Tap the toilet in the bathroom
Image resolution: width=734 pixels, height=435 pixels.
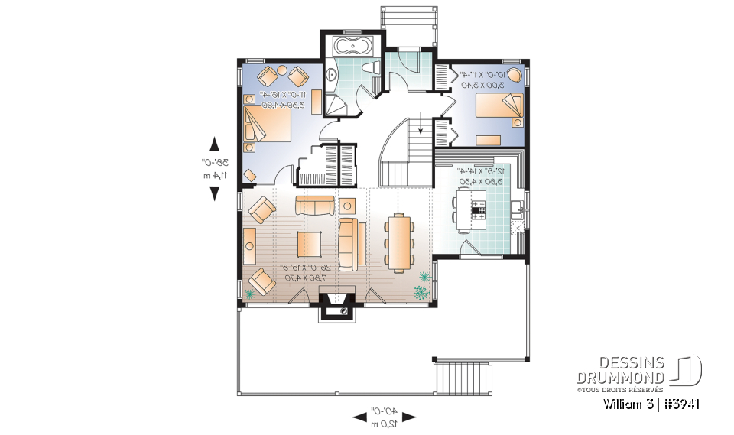372,70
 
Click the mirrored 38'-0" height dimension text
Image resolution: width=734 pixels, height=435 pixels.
207,168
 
